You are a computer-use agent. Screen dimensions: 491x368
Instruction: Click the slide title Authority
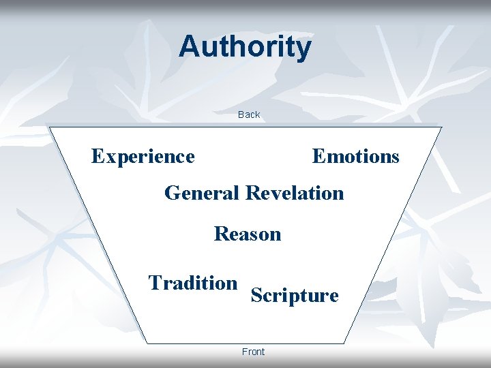point(245,47)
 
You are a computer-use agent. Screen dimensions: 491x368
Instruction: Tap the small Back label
point(249,114)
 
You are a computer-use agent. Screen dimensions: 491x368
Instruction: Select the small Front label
point(253,352)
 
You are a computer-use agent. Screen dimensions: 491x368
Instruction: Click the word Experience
point(143,157)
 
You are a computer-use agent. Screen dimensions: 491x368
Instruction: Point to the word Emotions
point(355,157)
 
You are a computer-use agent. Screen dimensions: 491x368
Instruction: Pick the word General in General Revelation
point(201,193)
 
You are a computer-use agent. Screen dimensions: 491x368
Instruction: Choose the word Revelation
point(295,193)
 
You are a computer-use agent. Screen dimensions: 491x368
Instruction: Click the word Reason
point(248,234)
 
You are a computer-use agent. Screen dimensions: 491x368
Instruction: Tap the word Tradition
point(193,282)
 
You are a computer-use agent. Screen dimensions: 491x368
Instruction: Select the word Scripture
point(295,296)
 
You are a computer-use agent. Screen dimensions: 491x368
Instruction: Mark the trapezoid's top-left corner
point(48,127)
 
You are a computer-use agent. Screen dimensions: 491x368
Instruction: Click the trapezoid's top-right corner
point(442,127)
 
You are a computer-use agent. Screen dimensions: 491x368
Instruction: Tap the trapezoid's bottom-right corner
point(343,343)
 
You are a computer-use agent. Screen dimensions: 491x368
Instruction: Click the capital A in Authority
point(190,47)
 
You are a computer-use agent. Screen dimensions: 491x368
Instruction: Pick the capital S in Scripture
point(257,296)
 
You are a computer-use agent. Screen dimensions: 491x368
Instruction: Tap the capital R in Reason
point(222,234)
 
